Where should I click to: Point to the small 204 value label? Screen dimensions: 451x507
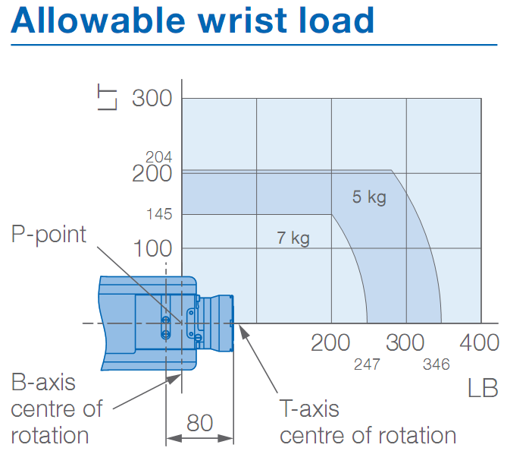pos(159,157)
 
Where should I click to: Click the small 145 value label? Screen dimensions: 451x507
pos(159,215)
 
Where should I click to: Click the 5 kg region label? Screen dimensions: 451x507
pos(369,197)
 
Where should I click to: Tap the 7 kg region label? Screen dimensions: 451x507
pos(293,238)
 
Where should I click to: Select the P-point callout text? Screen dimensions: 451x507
pos(49,234)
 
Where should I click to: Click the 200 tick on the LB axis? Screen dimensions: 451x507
pos(330,342)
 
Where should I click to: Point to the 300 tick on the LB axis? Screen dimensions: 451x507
pos(405,342)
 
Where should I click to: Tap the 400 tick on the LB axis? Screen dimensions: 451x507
pos(479,342)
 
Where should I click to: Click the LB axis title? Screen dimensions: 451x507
pos(483,389)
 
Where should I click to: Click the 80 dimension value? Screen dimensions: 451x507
pos(199,423)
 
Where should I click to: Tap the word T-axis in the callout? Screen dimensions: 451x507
pos(309,409)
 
